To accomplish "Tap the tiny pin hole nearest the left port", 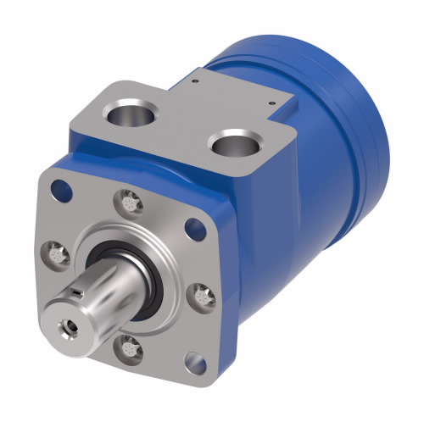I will (x=195, y=83).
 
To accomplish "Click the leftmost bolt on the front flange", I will (x=54, y=251).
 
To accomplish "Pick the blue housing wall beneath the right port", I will (x=254, y=203).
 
